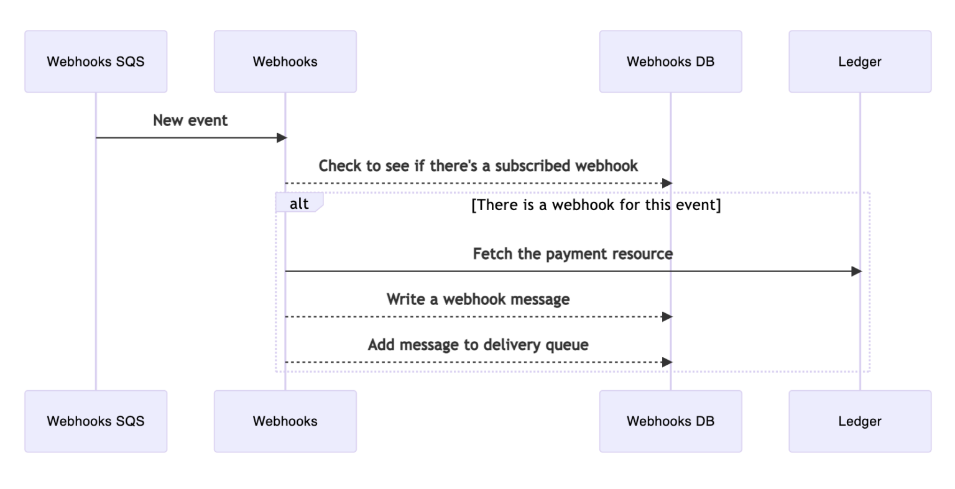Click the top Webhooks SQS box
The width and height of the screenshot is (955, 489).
coord(96,62)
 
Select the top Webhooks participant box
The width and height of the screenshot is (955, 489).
coord(285,62)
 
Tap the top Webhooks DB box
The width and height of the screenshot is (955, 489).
coord(670,62)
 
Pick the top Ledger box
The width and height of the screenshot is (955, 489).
coord(860,62)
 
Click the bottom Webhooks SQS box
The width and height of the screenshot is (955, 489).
coord(96,421)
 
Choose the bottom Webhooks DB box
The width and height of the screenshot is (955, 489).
coord(670,421)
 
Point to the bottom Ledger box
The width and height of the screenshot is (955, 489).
coord(860,421)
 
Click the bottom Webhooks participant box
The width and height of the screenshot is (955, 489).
coord(285,421)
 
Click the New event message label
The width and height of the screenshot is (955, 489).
coord(190,121)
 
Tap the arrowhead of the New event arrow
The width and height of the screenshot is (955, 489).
coord(282,138)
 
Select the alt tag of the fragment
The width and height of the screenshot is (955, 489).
coord(299,204)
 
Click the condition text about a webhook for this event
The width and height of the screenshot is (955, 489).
coord(596,204)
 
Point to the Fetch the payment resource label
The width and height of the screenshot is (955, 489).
coord(573,254)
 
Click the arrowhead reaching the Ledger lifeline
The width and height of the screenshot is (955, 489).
coord(856,272)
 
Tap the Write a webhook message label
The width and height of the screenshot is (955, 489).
coord(477,299)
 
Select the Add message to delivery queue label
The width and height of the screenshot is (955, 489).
coord(477,345)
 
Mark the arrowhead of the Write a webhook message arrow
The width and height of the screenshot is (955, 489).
coord(667,317)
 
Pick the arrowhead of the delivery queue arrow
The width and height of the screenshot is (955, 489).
coord(667,362)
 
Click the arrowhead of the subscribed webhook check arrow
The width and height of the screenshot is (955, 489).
coord(667,183)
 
